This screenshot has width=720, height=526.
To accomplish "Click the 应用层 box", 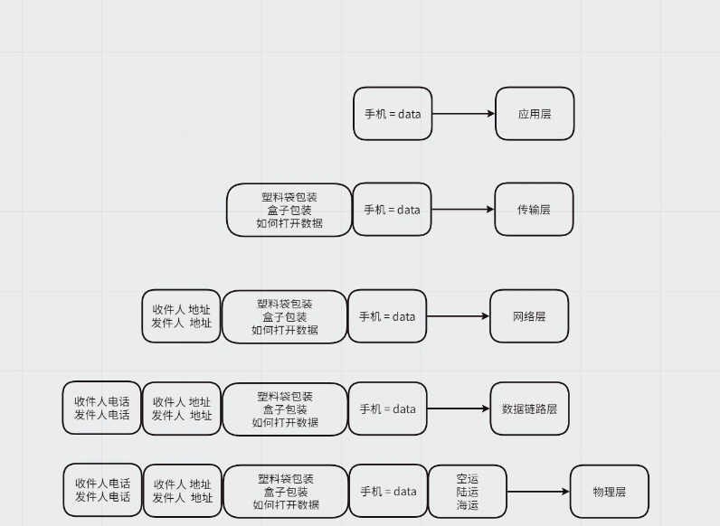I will tap(535, 114).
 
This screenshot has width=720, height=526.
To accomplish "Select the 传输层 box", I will tap(534, 210).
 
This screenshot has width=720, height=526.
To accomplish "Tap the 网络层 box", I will tap(529, 316).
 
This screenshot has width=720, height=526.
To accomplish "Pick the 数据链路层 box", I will tap(529, 409).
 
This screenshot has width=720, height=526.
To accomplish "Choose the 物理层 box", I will tap(609, 492).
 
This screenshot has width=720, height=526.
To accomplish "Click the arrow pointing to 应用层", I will tap(463, 114).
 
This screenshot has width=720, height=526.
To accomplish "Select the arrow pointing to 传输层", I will tap(462, 210).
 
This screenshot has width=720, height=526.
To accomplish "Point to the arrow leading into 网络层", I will tap(458, 316).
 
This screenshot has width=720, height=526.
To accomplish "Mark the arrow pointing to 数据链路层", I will tap(458, 409).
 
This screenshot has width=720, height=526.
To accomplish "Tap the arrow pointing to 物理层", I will tap(538, 492).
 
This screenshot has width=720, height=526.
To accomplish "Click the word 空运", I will tap(468, 479).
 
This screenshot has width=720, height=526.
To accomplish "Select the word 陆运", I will tap(468, 492).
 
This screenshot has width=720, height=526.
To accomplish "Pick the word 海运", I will tap(468, 505).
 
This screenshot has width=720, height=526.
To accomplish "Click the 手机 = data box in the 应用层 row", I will tap(393, 114).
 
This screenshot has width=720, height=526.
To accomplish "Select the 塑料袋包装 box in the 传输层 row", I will tap(289, 210).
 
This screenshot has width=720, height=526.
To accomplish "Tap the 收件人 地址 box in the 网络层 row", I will tap(181, 316).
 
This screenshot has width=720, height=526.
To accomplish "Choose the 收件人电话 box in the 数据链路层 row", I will tap(102, 409).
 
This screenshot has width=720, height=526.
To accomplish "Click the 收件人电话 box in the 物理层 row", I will tap(102, 491).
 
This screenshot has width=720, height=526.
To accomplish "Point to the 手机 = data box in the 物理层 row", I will tap(388, 492).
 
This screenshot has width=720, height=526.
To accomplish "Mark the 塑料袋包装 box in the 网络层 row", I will tap(285, 316).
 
